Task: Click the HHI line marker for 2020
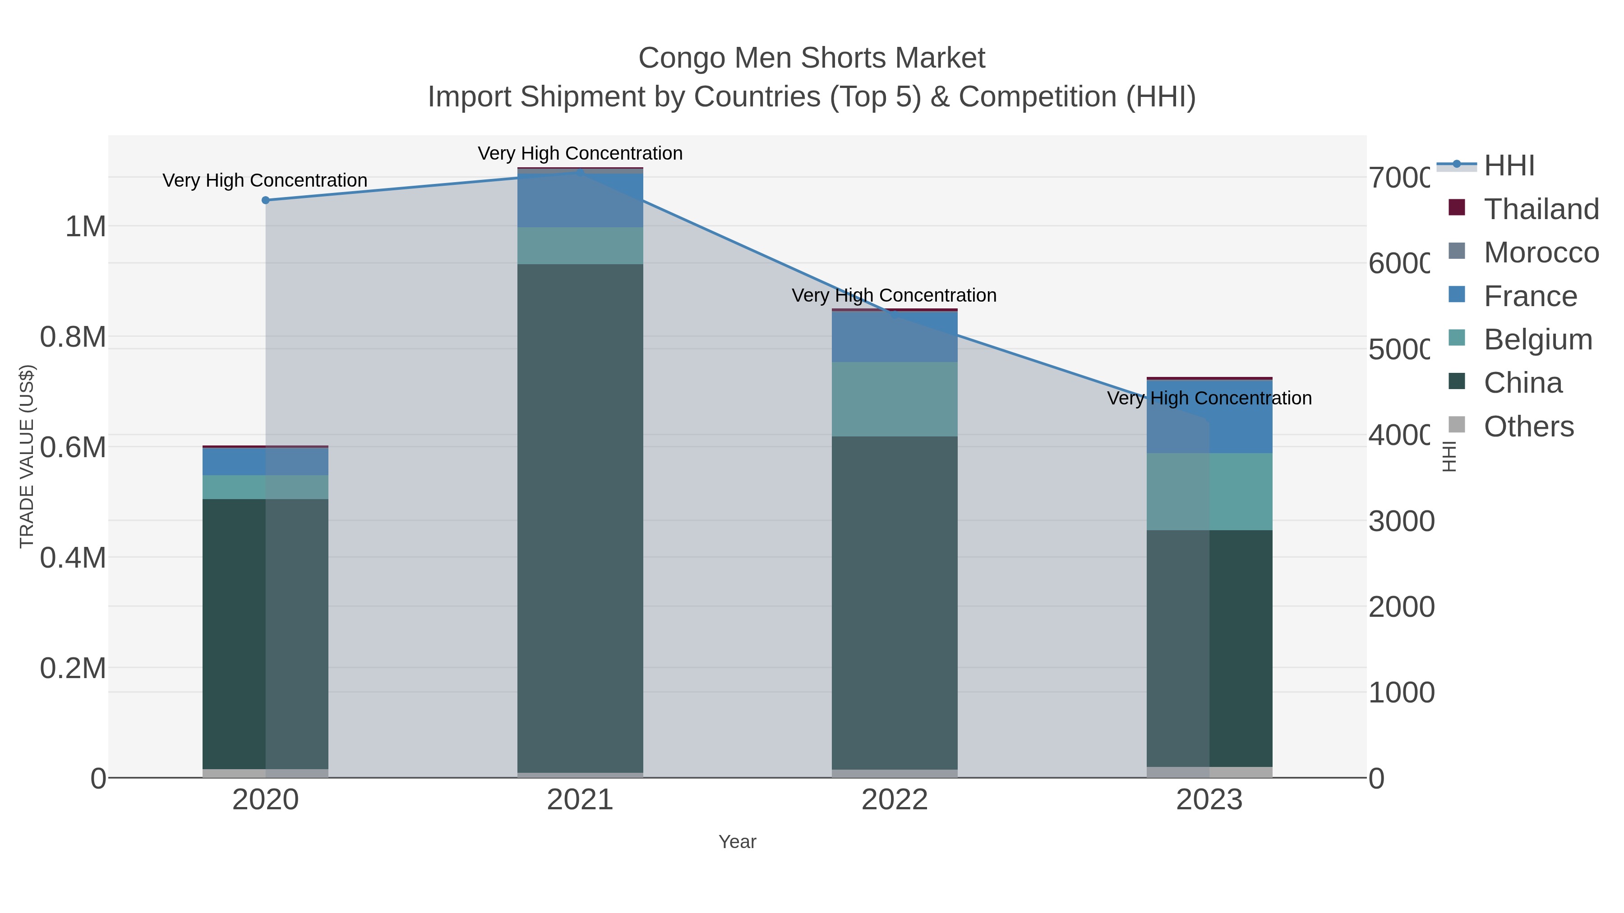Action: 265,200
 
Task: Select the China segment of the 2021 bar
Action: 580,517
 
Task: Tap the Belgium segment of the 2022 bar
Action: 895,399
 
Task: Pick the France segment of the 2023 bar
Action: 1209,417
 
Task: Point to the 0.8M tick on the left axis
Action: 73,337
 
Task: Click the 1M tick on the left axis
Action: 86,226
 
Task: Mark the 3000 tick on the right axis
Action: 1401,521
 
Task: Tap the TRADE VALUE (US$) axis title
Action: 27,456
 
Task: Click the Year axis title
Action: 737,842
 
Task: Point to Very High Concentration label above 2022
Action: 894,295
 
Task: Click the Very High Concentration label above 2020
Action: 265,181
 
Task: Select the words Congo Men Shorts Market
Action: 812,59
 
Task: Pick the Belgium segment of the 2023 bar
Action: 1209,491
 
